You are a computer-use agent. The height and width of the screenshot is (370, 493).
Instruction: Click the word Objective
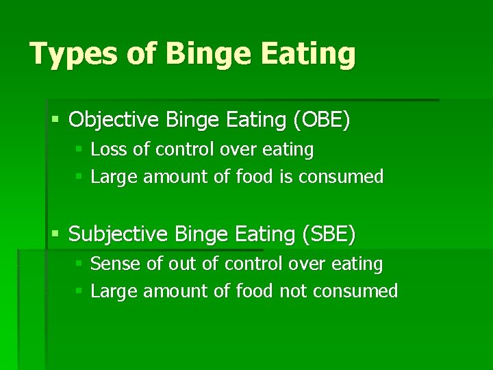pos(114,120)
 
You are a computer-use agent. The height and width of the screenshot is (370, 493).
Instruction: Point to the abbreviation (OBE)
pos(321,120)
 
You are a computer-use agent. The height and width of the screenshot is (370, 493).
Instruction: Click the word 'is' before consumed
pos(286,177)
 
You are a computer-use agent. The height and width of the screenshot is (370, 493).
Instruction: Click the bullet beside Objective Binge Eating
pos(55,121)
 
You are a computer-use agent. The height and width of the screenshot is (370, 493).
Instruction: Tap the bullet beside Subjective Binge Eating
pos(55,235)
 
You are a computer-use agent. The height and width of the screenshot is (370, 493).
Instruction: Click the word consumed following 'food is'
pos(340,177)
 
